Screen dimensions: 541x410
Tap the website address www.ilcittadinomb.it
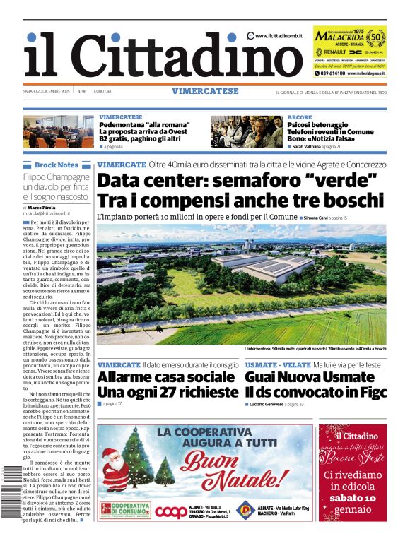pos(279,36)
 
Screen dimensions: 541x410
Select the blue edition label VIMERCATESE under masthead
pos(204,91)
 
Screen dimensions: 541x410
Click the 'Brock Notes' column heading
pos(57,165)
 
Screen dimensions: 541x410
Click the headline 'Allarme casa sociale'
pos(168,376)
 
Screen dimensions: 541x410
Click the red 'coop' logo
pos(172,511)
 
